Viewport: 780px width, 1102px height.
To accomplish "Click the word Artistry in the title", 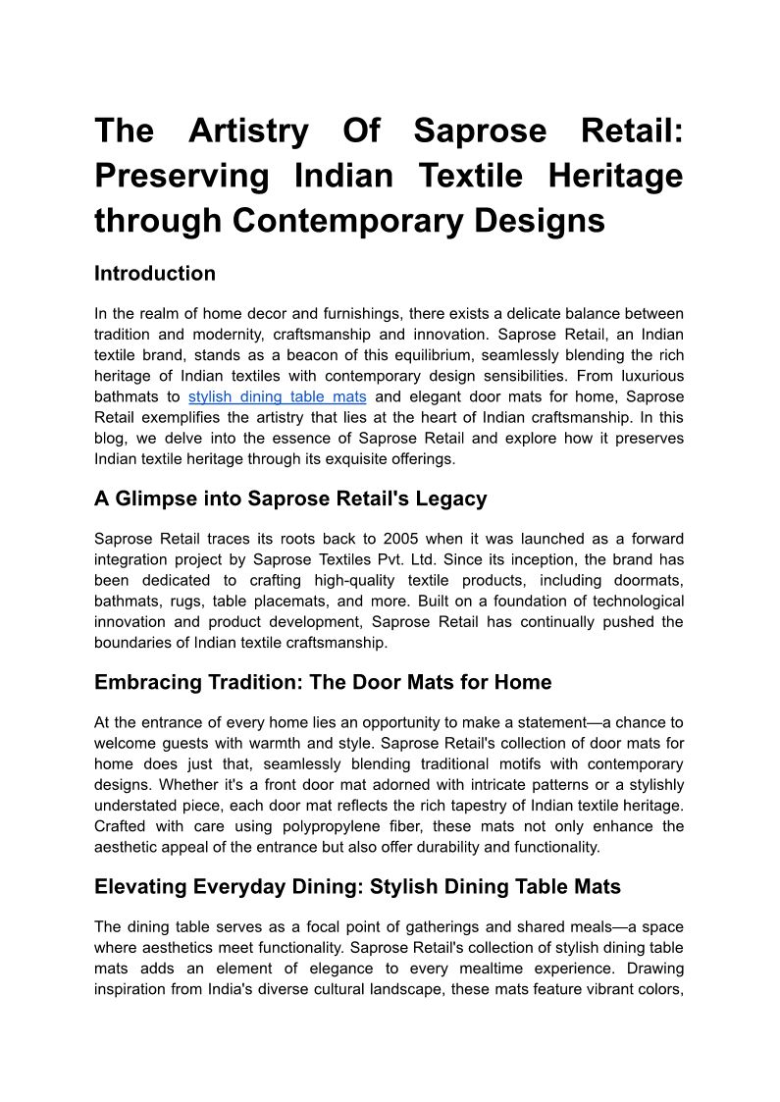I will [x=248, y=131].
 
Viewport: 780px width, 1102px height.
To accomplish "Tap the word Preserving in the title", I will [x=182, y=176].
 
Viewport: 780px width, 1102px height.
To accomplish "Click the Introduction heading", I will [x=155, y=274].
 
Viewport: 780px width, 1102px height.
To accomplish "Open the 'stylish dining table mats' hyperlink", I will [x=278, y=396].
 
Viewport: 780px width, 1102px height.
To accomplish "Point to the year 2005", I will [x=401, y=539].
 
